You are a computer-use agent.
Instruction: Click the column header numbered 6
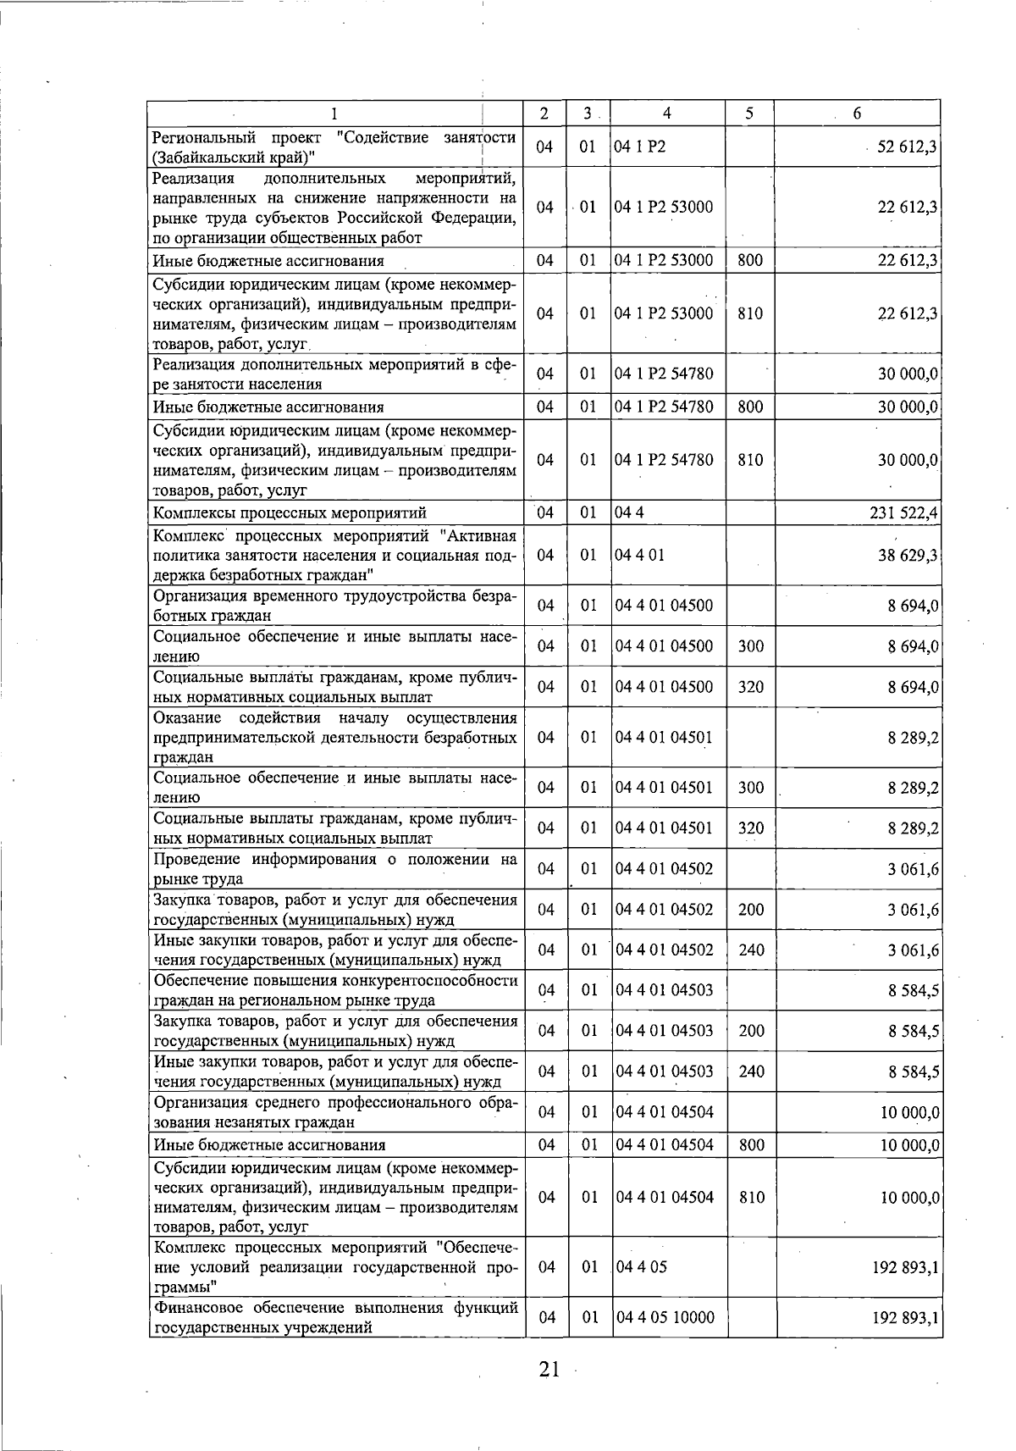pyautogui.click(x=857, y=114)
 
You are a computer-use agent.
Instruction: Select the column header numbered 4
pyautogui.click(x=667, y=114)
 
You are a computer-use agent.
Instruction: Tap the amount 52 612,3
pyautogui.click(x=906, y=147)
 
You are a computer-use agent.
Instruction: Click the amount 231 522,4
pyautogui.click(x=903, y=513)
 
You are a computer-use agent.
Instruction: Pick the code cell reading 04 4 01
pyautogui.click(x=640, y=555)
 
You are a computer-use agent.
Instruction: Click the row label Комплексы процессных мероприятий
pyautogui.click(x=289, y=513)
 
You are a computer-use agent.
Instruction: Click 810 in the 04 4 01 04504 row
pyautogui.click(x=751, y=1197)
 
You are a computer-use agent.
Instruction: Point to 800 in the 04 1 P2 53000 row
pyautogui.click(x=750, y=261)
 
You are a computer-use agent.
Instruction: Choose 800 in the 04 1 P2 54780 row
pyautogui.click(x=750, y=407)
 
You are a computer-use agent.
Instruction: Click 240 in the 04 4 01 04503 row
pyautogui.click(x=751, y=1072)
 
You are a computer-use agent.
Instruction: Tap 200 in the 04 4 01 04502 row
pyautogui.click(x=751, y=910)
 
